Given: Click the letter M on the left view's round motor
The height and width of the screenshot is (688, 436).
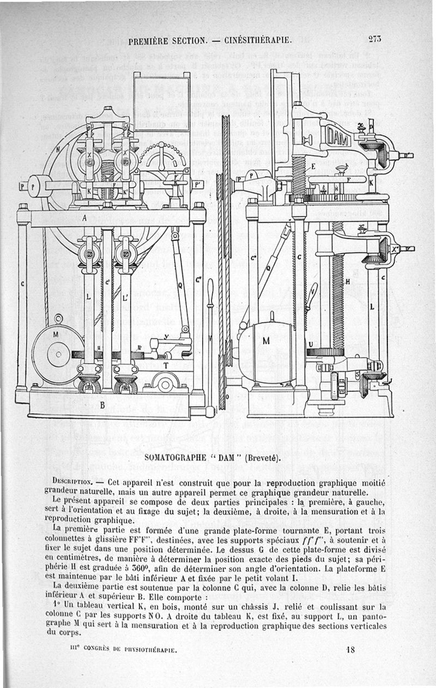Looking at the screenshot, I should coord(56,334).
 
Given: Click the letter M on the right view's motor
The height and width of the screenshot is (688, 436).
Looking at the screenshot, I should coord(266,341).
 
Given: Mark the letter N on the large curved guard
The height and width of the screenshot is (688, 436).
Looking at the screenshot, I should coord(58,148).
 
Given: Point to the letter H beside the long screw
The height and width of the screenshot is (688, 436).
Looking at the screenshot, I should coord(348,282).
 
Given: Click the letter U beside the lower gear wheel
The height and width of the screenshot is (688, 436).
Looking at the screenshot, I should coord(310,345).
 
